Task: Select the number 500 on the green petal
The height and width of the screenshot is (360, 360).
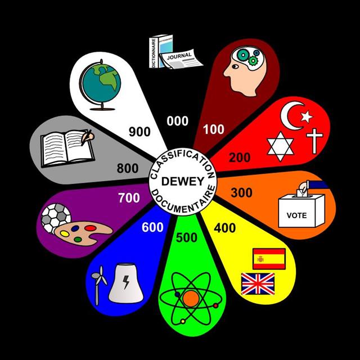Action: click(x=186, y=237)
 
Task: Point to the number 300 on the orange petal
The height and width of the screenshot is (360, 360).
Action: click(x=241, y=192)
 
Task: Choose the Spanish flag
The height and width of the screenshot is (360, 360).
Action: click(x=269, y=259)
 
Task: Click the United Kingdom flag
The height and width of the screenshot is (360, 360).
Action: click(x=257, y=283)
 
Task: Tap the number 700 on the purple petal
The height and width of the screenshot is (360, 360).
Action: click(x=129, y=198)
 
